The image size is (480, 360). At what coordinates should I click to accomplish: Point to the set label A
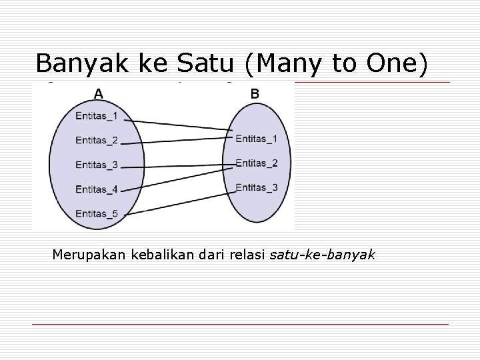[x=98, y=95]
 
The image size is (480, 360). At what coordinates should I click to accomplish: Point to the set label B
[x=255, y=95]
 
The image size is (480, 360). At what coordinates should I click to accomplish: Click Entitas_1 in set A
[x=97, y=116]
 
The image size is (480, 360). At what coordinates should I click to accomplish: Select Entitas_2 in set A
[x=97, y=140]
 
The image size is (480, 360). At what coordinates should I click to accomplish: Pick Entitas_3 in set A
[x=97, y=165]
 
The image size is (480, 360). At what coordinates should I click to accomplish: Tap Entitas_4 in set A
[x=97, y=189]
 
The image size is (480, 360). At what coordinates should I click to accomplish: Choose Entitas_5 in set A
[x=97, y=213]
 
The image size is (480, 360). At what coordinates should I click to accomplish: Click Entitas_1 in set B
[x=257, y=139]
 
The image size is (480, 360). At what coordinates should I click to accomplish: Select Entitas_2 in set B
[x=257, y=163]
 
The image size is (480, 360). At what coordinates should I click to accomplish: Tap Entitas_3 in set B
[x=257, y=187]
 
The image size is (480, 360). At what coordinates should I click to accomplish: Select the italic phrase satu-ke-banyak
[x=323, y=254]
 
